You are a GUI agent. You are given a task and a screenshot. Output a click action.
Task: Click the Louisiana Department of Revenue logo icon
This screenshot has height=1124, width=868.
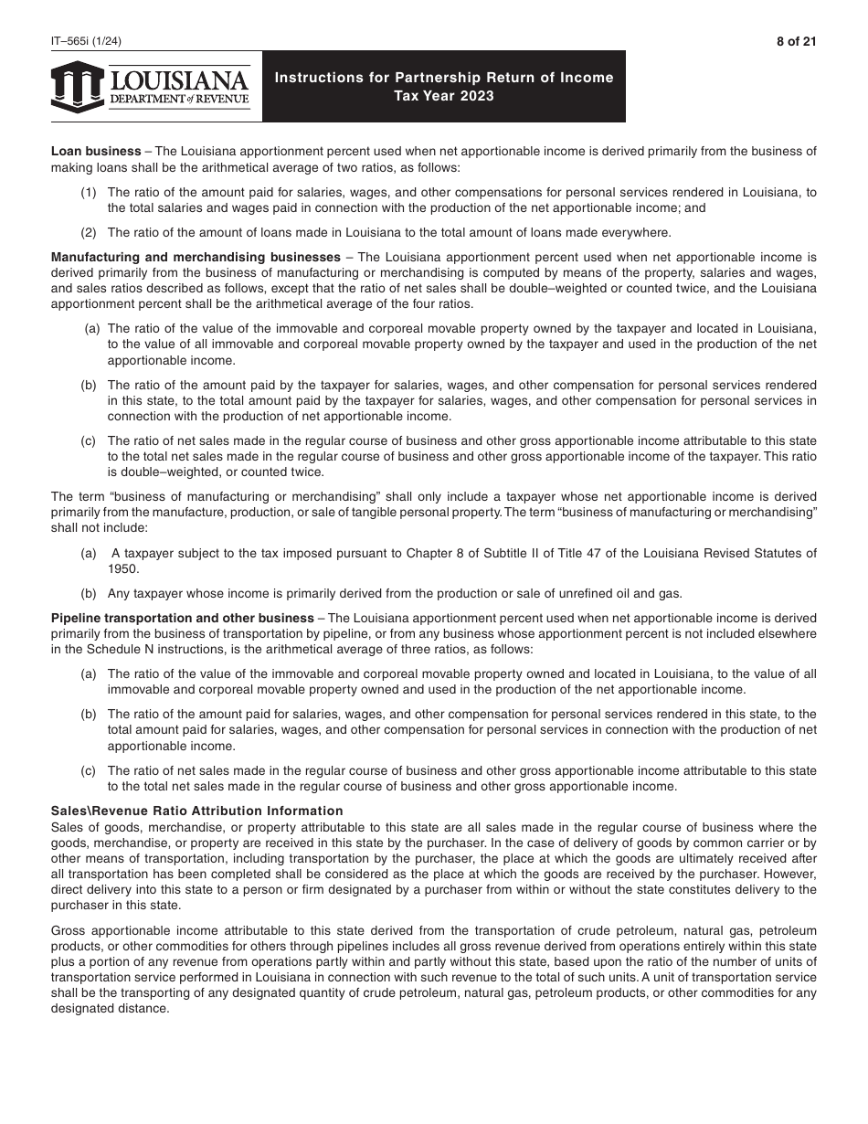point(77,87)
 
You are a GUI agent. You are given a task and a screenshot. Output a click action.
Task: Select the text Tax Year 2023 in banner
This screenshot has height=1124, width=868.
point(444,96)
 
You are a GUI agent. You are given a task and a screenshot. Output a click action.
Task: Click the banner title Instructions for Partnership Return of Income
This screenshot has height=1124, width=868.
point(444,78)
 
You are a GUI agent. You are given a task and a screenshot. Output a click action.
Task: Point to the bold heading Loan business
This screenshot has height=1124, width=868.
point(96,151)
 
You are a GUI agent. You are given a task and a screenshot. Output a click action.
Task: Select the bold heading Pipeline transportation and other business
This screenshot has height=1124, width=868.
point(182,618)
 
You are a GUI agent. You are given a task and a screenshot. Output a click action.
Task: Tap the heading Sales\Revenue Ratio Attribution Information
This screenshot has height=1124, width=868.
point(197,811)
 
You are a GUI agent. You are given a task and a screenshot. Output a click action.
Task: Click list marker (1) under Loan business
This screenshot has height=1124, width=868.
point(89,192)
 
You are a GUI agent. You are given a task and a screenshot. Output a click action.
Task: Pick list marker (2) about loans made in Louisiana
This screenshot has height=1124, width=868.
point(89,231)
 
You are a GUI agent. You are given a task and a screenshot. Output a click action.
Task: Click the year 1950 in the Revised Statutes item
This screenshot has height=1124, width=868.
point(122,568)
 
